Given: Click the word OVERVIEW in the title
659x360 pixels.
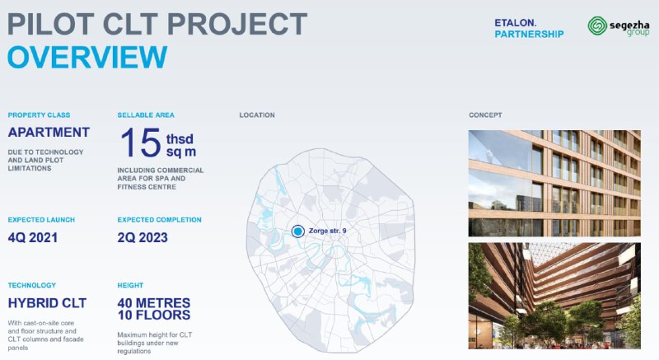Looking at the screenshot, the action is pyautogui.click(x=87, y=57).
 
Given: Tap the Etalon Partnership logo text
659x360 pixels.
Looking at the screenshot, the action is pyautogui.click(x=529, y=29).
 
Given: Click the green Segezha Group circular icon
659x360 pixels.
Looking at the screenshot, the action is pyautogui.click(x=597, y=26).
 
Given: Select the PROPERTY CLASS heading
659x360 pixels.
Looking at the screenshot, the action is pyautogui.click(x=39, y=115).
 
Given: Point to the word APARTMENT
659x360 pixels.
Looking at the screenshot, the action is pyautogui.click(x=49, y=133).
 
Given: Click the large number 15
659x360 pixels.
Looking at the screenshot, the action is pyautogui.click(x=141, y=143).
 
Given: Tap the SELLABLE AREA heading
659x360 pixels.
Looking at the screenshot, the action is pyautogui.click(x=146, y=115).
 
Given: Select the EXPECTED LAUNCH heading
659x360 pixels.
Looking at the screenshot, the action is pyautogui.click(x=41, y=220).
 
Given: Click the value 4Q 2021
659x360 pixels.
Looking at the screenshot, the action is pyautogui.click(x=33, y=238).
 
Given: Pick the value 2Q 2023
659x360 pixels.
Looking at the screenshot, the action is pyautogui.click(x=143, y=238).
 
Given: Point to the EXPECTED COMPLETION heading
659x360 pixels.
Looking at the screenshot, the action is pyautogui.click(x=159, y=220).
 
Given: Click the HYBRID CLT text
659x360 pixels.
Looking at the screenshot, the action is pyautogui.click(x=47, y=303).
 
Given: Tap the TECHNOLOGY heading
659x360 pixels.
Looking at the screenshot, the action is pyautogui.click(x=32, y=285).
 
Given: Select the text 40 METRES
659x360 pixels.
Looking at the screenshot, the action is pyautogui.click(x=154, y=302).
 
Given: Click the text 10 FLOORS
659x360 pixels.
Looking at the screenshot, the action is pyautogui.click(x=154, y=315).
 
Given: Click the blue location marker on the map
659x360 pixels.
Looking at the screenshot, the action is pyautogui.click(x=298, y=231).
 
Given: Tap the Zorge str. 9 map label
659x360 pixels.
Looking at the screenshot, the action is pyautogui.click(x=327, y=231).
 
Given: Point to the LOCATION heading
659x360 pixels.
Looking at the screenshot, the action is pyautogui.click(x=257, y=115).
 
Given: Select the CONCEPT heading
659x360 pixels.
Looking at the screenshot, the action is pyautogui.click(x=485, y=115).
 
